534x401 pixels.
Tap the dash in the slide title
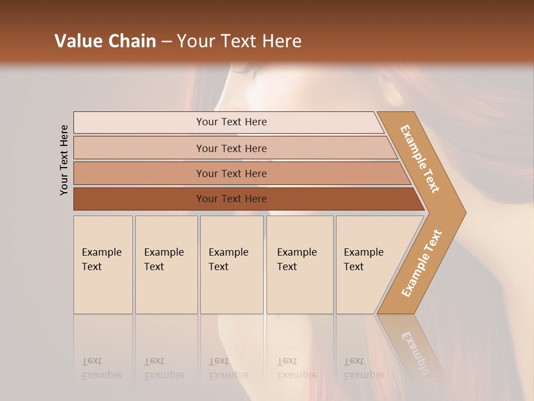[166, 42]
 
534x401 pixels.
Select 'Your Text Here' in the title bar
[239, 41]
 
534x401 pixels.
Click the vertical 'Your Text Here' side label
[64, 160]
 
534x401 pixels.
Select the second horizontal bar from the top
[231, 148]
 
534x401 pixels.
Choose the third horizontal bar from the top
[231, 173]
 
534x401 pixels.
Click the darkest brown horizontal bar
[231, 199]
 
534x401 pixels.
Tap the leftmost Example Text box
[103, 265]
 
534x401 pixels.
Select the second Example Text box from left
[166, 265]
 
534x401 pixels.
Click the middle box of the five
[231, 265]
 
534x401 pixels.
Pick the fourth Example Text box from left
[299, 265]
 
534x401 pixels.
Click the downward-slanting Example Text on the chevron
[420, 159]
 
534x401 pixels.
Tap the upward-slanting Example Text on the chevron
[422, 263]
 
